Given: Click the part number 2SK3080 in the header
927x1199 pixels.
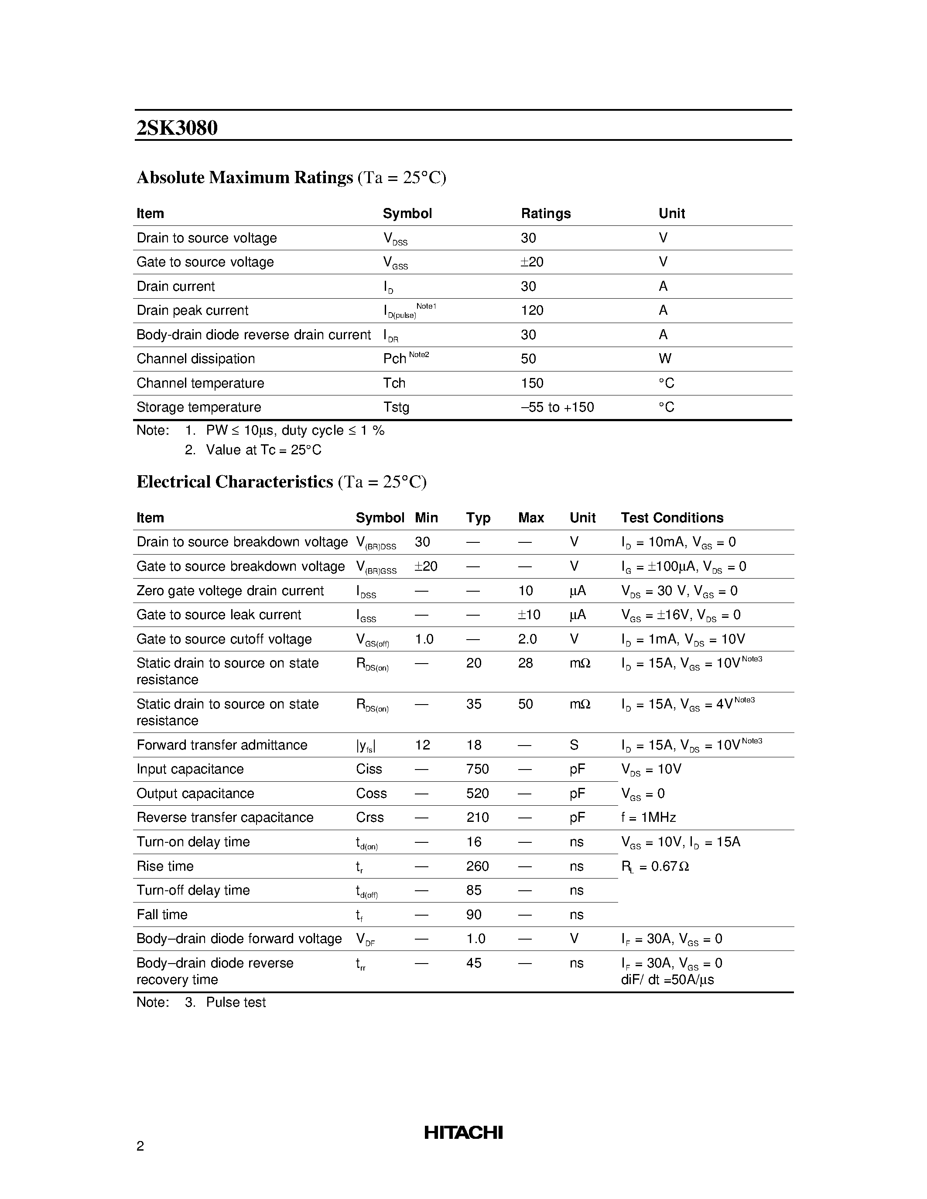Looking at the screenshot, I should click(177, 128).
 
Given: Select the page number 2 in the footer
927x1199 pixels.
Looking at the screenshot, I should click(140, 1146).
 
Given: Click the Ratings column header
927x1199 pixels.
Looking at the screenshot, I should click(545, 214).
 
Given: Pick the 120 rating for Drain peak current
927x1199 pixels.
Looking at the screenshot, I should click(532, 311).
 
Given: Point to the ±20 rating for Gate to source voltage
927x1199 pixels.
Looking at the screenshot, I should click(532, 262).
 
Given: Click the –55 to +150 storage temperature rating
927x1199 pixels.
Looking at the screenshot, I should click(557, 407).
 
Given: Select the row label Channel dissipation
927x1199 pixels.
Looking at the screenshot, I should click(195, 359).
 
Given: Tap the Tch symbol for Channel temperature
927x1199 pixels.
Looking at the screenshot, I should click(394, 383).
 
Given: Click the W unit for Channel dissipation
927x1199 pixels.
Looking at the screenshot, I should click(664, 359).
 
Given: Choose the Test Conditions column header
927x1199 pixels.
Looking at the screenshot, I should click(672, 518).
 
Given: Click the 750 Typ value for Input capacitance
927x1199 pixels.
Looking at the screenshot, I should click(477, 769).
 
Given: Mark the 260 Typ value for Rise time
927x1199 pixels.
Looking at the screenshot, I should click(477, 866).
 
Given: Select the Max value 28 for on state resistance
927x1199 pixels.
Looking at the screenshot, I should click(526, 663).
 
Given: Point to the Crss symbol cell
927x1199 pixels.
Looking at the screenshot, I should click(369, 817).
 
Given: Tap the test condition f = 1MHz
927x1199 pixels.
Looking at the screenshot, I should click(648, 817).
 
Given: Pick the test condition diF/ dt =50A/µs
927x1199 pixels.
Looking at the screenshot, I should click(667, 980).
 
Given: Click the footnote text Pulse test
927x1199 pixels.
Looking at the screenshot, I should click(236, 1002).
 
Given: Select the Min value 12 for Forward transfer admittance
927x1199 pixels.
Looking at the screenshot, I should click(422, 745).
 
